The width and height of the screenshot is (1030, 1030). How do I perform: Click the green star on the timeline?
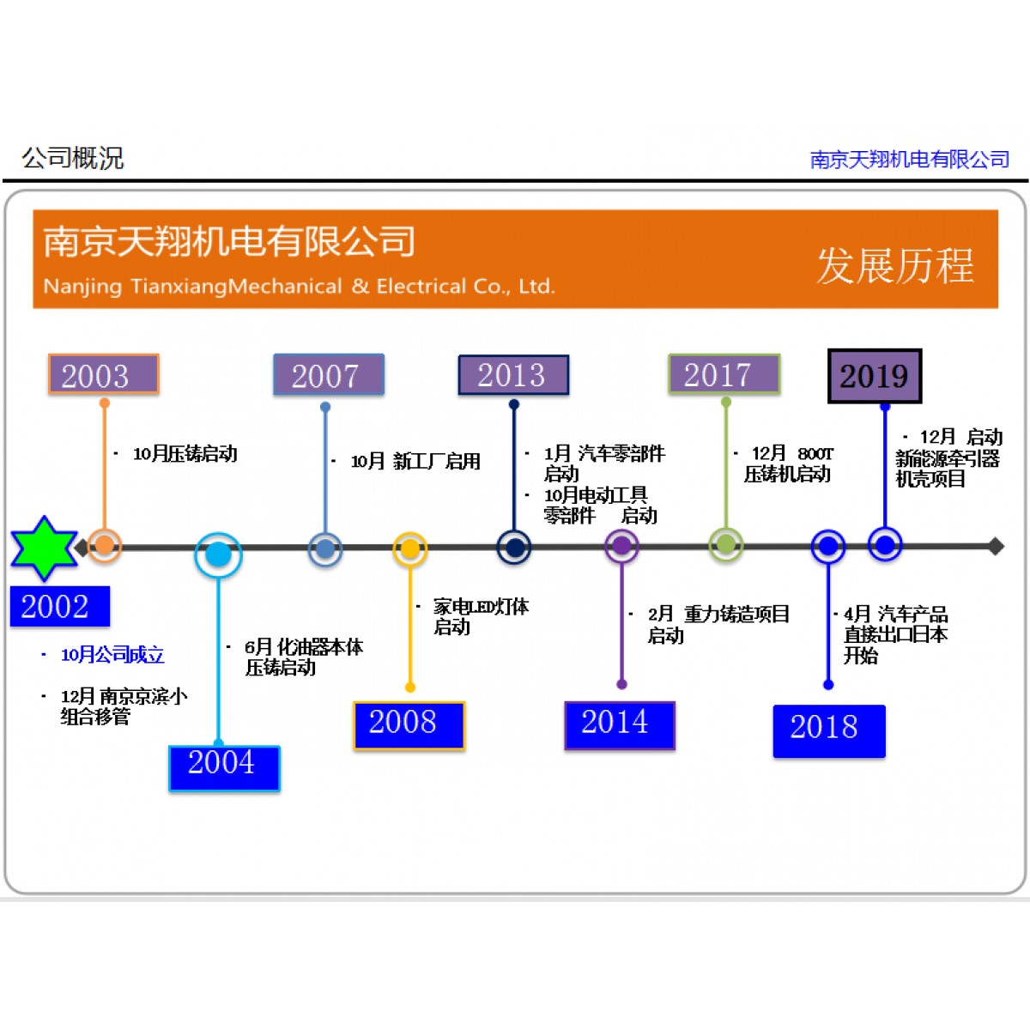pyautogui.click(x=44, y=548)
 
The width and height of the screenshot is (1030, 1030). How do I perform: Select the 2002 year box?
pyautogui.click(x=59, y=607)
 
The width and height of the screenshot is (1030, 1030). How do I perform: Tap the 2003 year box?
pyautogui.click(x=103, y=375)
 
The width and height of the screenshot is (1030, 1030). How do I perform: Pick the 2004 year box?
pyautogui.click(x=224, y=767)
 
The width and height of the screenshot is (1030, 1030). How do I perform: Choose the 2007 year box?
pyautogui.click(x=328, y=375)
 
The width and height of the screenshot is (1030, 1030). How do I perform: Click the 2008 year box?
pyautogui.click(x=409, y=725)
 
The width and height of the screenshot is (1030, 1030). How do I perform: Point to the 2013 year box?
pyautogui.click(x=512, y=375)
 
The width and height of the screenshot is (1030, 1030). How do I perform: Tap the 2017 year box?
pyautogui.click(x=724, y=374)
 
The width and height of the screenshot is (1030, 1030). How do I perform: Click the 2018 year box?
pyautogui.click(x=828, y=730)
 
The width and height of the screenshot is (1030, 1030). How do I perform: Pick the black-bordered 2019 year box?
pyautogui.click(x=874, y=376)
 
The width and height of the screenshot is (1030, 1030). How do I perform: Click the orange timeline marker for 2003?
pyautogui.click(x=104, y=545)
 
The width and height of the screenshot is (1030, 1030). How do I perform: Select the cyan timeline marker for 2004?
pyautogui.click(x=218, y=554)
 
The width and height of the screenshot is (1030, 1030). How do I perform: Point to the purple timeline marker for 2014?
pyautogui.click(x=621, y=546)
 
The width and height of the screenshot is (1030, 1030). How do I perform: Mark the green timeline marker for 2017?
pyautogui.click(x=725, y=544)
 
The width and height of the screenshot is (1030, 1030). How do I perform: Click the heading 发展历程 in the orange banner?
pyautogui.click(x=894, y=266)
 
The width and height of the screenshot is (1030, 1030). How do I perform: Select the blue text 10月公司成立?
pyautogui.click(x=112, y=655)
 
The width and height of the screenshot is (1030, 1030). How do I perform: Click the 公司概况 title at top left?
pyautogui.click(x=73, y=158)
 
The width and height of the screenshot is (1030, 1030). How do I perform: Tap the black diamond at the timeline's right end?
pyautogui.click(x=996, y=546)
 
